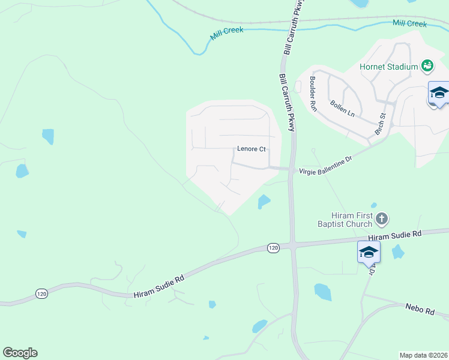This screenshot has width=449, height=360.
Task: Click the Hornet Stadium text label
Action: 388,67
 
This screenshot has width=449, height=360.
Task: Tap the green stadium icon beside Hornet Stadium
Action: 427,65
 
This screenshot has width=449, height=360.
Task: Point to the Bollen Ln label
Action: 342,109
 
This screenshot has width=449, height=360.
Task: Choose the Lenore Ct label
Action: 251,149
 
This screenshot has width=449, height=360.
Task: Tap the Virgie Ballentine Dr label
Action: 325,164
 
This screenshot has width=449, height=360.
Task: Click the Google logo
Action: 20,353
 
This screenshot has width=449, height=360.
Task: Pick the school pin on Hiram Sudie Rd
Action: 369,253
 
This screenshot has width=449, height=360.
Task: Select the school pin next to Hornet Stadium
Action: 439,94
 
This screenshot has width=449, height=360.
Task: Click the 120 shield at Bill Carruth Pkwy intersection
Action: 273,248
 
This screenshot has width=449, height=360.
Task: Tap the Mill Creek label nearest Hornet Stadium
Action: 409,23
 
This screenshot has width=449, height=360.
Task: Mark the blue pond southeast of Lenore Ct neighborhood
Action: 264,202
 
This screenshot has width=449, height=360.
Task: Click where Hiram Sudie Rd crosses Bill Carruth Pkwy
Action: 292,245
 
